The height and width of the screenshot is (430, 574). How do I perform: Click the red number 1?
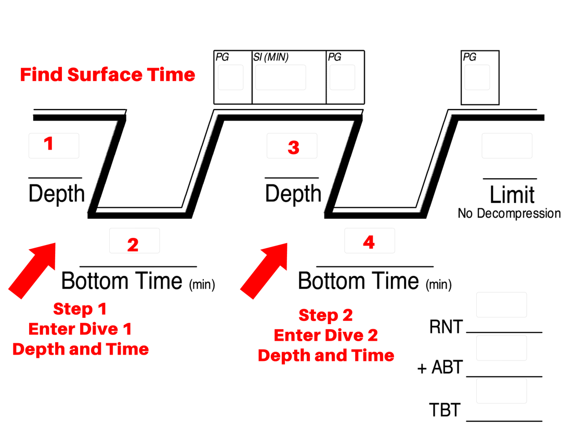tap(49, 143)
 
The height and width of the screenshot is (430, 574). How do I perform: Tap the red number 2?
tap(133, 245)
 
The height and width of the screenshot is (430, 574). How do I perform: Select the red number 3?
tap(293, 147)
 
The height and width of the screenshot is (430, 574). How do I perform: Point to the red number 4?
tap(369, 242)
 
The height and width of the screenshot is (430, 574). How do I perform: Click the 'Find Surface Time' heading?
tap(108, 75)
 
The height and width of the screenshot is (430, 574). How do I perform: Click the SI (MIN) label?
tap(271, 57)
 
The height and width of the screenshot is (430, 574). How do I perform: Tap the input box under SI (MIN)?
tap(280, 77)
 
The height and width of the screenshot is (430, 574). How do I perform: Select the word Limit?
tap(512, 195)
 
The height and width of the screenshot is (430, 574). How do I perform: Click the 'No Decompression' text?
tap(509, 213)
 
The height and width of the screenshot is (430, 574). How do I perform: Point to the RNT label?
tap(446, 328)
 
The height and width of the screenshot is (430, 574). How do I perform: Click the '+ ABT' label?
tap(440, 368)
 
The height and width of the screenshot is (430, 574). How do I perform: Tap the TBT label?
tap(445, 410)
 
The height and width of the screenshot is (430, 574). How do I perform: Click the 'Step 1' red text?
tap(80, 309)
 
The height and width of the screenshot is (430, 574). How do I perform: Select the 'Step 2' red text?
tap(325, 315)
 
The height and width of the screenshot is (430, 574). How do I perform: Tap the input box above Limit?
tap(506, 145)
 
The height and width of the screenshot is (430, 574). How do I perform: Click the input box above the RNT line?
tap(501, 305)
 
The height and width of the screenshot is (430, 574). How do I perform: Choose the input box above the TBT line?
tap(501, 391)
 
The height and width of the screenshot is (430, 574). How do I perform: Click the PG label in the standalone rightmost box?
tap(469, 57)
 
